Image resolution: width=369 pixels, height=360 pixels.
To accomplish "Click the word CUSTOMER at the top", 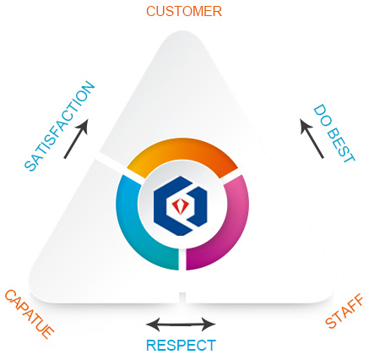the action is [x=184, y=11].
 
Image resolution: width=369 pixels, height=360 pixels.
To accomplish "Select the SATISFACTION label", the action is [x=60, y=126].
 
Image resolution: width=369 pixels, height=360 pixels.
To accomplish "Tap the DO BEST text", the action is [x=334, y=134].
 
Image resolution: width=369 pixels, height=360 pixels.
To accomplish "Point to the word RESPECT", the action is [x=181, y=345].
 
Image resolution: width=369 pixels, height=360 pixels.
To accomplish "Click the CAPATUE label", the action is [x=29, y=314].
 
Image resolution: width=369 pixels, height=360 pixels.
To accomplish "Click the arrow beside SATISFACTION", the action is [x=76, y=139].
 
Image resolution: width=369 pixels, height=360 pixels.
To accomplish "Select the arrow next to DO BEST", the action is [x=312, y=139].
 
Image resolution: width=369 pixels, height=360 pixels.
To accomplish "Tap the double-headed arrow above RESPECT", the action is [x=181, y=325].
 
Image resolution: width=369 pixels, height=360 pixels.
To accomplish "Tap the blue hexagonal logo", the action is [x=181, y=205].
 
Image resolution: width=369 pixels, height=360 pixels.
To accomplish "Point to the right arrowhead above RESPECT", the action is [x=209, y=325].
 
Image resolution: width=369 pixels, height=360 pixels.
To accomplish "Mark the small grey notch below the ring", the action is [x=182, y=297].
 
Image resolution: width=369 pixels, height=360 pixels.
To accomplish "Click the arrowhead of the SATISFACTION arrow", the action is [x=84, y=125].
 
